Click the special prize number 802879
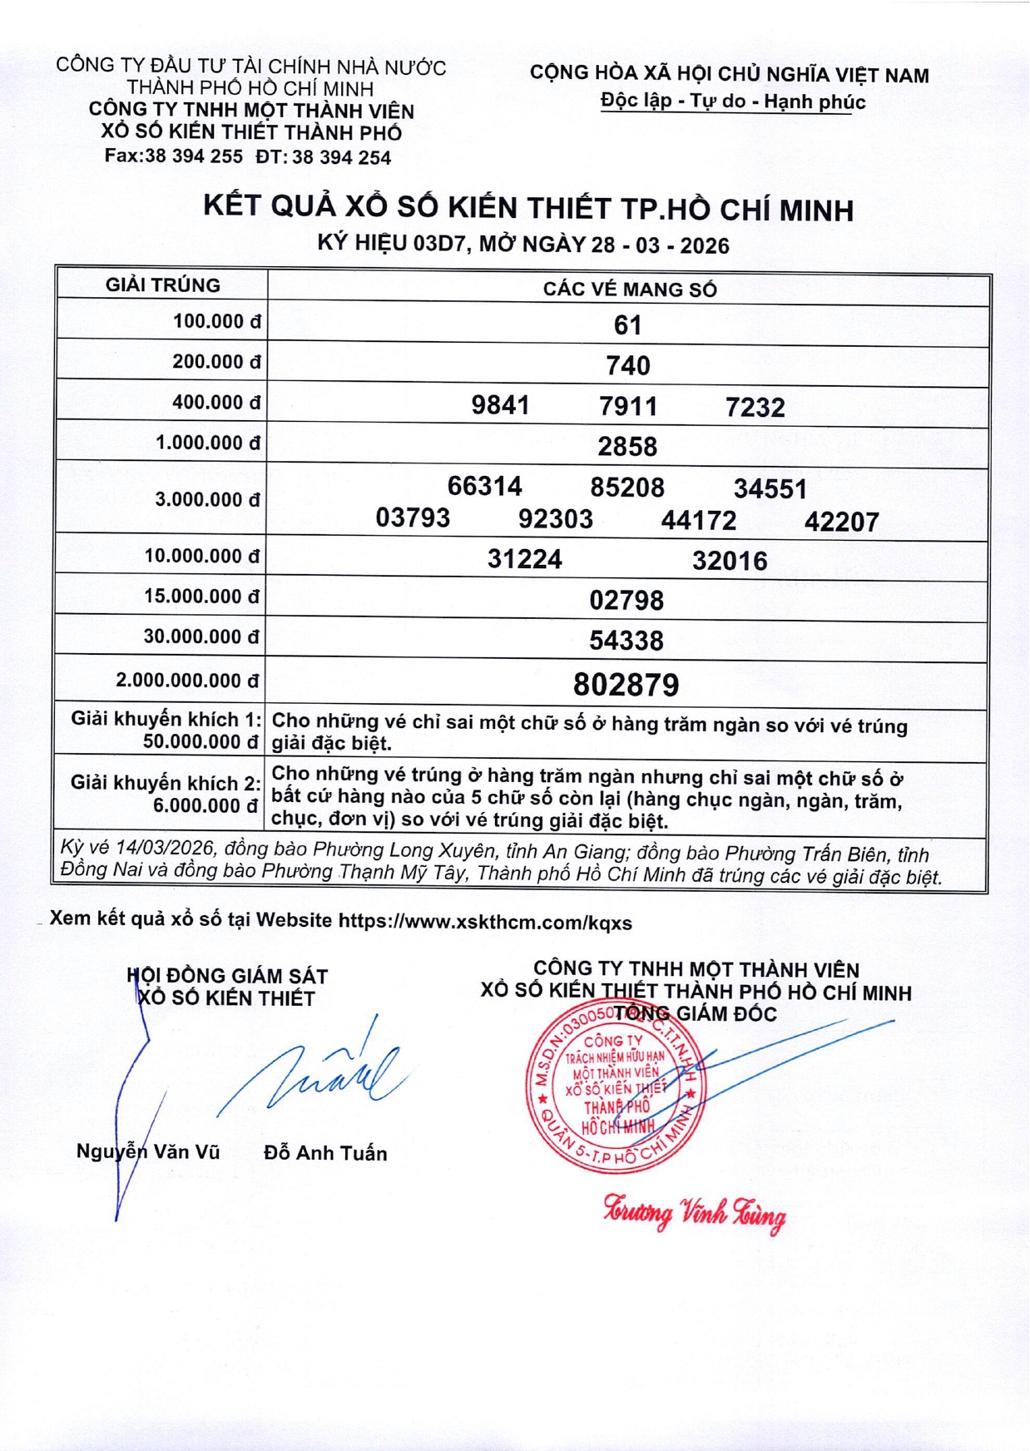(x=626, y=685)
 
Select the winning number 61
(x=627, y=324)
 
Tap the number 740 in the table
(x=627, y=365)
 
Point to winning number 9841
(x=500, y=405)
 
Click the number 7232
(x=755, y=407)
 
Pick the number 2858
(x=627, y=447)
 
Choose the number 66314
(x=484, y=486)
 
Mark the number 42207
(x=841, y=522)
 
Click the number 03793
(x=413, y=518)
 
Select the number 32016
(x=730, y=561)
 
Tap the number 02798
(x=626, y=600)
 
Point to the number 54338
(x=626, y=641)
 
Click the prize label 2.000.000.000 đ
(x=187, y=681)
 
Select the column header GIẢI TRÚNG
(x=163, y=285)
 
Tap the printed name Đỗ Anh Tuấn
(x=325, y=1153)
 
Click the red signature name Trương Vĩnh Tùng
(x=695, y=1215)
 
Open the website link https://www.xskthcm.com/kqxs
(x=485, y=923)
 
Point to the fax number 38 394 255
(x=194, y=156)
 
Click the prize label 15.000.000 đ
(x=201, y=597)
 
